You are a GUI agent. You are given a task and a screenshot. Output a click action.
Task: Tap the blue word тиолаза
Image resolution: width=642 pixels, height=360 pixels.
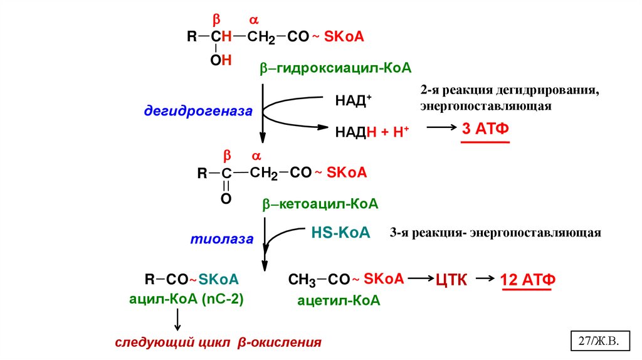[x=222, y=239]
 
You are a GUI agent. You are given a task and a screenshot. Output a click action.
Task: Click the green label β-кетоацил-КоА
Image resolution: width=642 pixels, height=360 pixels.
[x=320, y=204]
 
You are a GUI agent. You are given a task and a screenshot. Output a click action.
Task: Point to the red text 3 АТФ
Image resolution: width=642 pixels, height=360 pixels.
[x=485, y=129]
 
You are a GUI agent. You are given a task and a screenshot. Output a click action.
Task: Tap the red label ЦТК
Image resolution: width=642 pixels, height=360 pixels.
[x=451, y=280]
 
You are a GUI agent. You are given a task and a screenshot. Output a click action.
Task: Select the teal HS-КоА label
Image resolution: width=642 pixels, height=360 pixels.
[x=341, y=233]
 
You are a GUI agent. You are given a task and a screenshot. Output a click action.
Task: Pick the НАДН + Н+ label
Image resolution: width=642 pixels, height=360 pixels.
[x=372, y=130]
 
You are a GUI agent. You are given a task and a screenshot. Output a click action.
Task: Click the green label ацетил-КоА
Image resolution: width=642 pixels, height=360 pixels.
[x=339, y=300]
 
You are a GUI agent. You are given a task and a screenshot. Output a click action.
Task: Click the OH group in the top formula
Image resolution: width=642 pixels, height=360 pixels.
[x=221, y=60]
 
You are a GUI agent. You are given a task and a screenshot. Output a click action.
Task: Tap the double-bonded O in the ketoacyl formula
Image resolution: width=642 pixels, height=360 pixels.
[x=226, y=199]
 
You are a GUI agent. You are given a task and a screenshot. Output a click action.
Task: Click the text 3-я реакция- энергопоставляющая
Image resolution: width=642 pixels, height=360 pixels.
[x=495, y=233]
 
